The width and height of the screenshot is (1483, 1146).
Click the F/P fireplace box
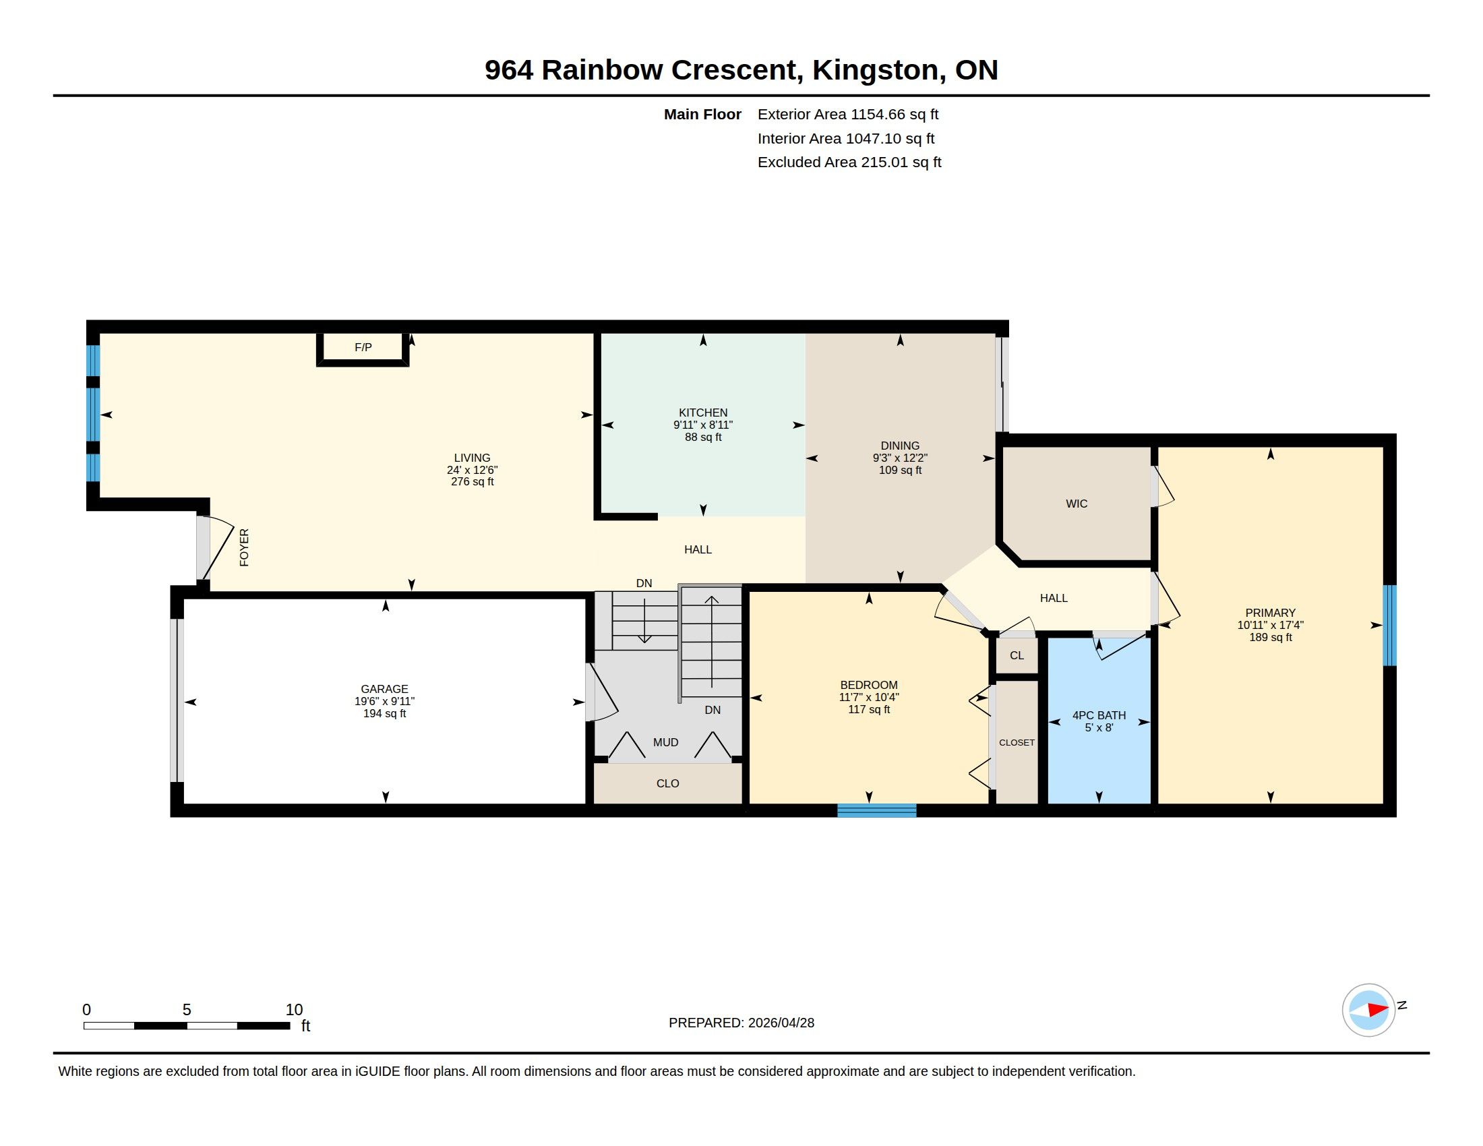click(363, 349)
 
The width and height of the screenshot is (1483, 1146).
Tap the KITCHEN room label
click(703, 413)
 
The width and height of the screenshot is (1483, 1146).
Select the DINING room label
click(900, 446)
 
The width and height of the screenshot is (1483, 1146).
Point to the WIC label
click(1077, 504)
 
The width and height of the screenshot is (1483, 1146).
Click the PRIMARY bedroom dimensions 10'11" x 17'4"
click(1270, 626)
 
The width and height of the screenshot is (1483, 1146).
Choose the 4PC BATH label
click(1099, 715)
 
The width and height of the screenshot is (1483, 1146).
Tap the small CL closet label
click(1017, 656)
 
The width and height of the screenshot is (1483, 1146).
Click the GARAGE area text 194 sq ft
click(384, 713)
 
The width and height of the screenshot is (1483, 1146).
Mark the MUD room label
click(665, 743)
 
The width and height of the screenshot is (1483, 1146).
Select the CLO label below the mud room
click(667, 783)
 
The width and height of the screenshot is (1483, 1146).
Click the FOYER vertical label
click(245, 547)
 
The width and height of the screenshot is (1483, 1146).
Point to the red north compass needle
click(1378, 1010)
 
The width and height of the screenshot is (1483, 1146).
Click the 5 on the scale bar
click(187, 1010)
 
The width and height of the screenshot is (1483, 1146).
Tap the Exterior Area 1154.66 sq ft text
click(848, 115)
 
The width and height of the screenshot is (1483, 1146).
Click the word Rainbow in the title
click(601, 70)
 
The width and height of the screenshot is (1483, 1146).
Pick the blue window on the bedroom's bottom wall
click(876, 810)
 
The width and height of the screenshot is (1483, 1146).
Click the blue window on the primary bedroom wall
click(1390, 626)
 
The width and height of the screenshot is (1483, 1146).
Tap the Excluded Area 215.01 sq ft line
click(849, 162)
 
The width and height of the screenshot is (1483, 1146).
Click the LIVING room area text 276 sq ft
click(472, 482)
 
